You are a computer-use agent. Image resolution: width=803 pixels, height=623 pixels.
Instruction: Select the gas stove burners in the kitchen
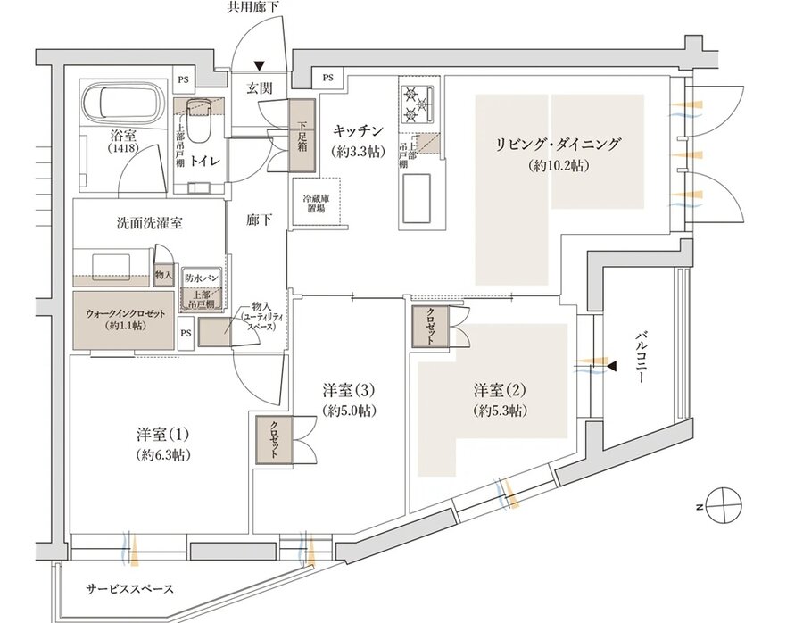[x=417, y=102]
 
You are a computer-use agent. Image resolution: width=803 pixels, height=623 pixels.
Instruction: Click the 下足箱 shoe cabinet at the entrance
[x=302, y=144]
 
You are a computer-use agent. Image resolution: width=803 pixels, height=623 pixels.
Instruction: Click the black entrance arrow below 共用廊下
[x=260, y=64]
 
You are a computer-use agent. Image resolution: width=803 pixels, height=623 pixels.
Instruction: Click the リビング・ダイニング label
[x=559, y=144]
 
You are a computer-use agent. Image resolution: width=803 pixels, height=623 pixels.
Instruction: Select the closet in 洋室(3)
[x=274, y=439]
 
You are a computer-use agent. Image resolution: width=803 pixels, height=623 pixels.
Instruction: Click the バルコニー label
[x=641, y=357]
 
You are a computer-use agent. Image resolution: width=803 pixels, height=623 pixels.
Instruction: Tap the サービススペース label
[x=130, y=589]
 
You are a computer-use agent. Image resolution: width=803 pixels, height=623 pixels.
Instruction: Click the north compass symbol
[x=722, y=504]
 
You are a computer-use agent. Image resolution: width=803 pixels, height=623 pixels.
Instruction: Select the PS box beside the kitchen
[x=329, y=79]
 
